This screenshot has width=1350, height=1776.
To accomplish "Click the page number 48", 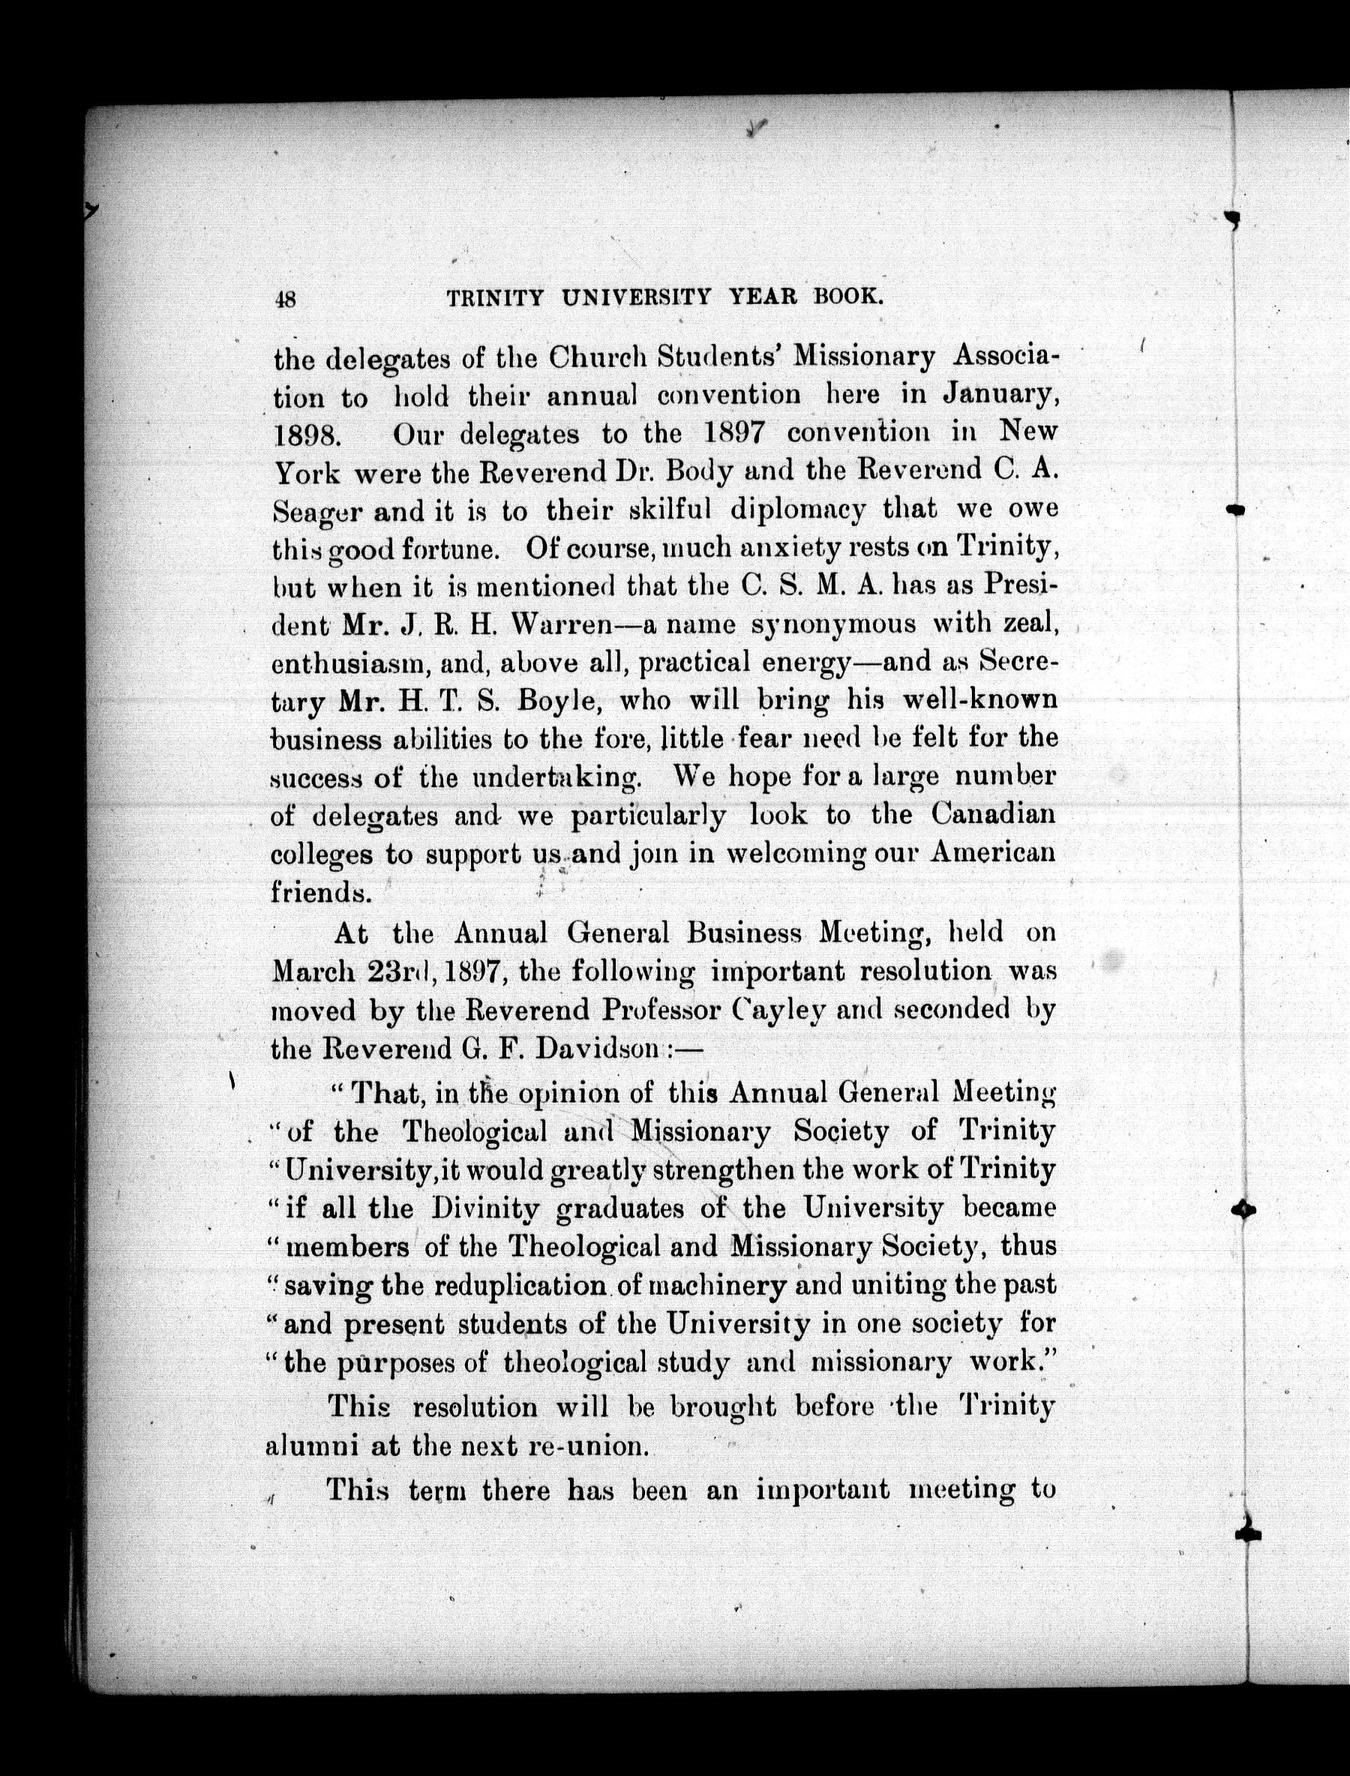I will pyautogui.click(x=285, y=299).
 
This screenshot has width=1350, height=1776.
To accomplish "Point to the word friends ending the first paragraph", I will pyautogui.click(x=316, y=892).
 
